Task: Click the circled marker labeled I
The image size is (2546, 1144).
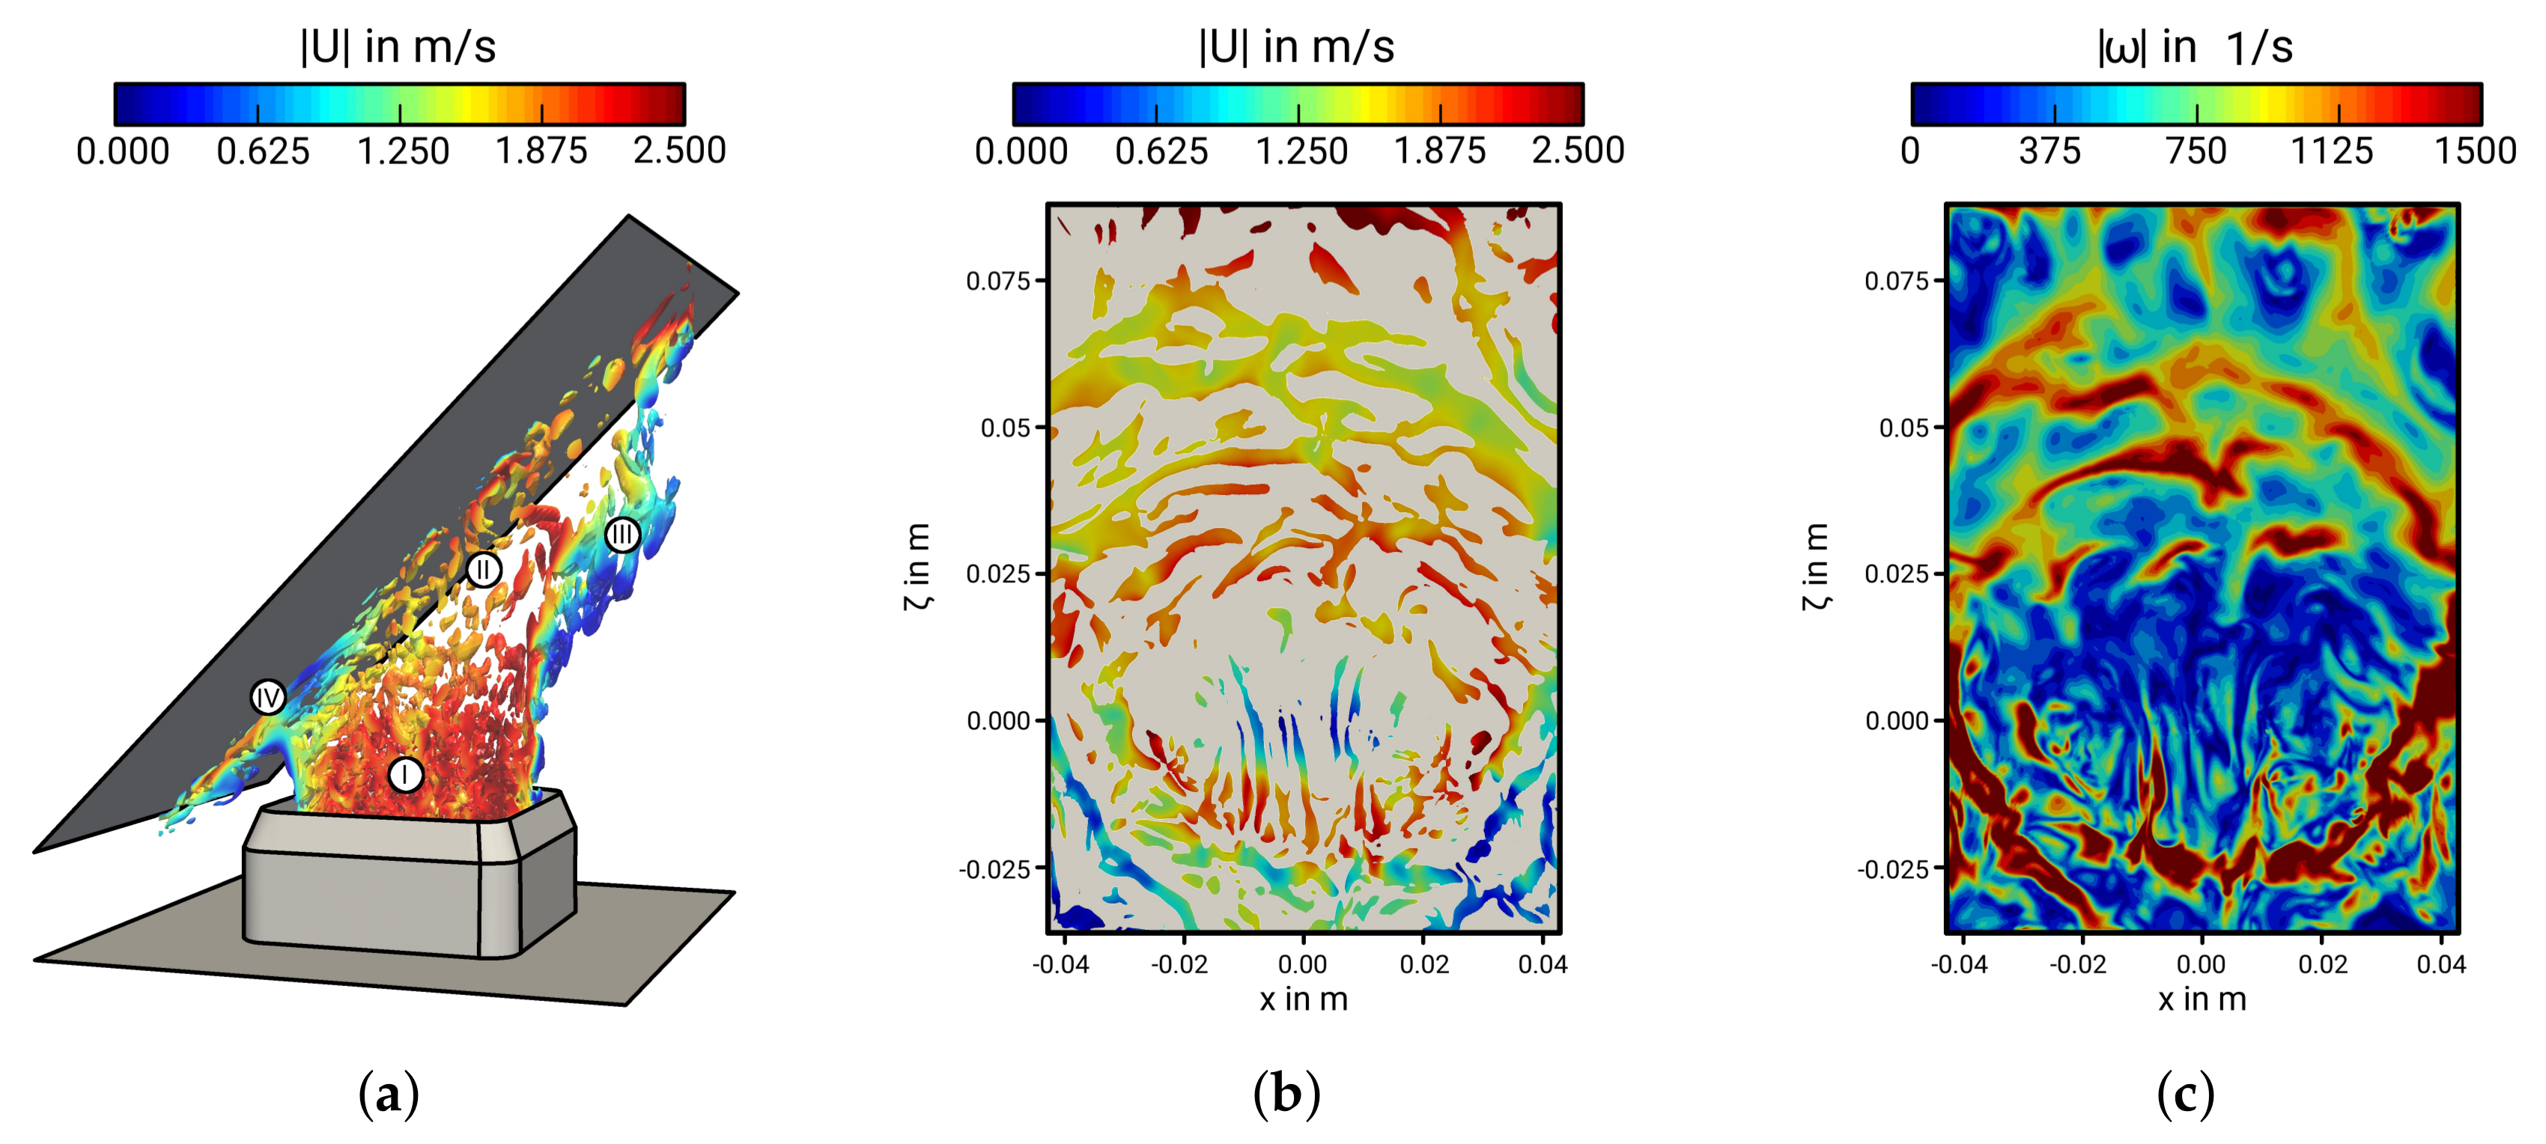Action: pyautogui.click(x=405, y=775)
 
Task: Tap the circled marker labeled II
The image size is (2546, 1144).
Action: pyautogui.click(x=483, y=569)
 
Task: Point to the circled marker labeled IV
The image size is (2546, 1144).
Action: pyautogui.click(x=268, y=698)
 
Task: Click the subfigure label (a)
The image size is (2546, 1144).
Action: pyautogui.click(x=389, y=1095)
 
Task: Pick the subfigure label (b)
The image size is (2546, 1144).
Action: pyautogui.click(x=1286, y=1095)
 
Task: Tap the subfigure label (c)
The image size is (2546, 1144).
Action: pyautogui.click(x=2185, y=1095)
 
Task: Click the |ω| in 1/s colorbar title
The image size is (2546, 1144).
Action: pyautogui.click(x=2194, y=46)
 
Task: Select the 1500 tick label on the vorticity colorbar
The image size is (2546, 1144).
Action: pyautogui.click(x=2475, y=151)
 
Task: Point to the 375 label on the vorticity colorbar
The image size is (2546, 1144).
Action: pyautogui.click(x=2050, y=151)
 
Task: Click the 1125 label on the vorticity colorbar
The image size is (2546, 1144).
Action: pyautogui.click(x=2332, y=151)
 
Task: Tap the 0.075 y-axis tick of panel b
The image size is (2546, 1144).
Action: pyautogui.click(x=998, y=282)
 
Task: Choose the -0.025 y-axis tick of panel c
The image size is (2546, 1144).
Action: pyautogui.click(x=1893, y=869)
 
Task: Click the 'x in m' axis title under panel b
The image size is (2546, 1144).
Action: pyautogui.click(x=1304, y=1000)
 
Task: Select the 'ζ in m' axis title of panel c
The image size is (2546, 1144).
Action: pyautogui.click(x=1814, y=567)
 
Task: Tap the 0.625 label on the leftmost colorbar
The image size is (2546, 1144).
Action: pyautogui.click(x=263, y=151)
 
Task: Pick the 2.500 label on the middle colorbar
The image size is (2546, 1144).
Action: pyautogui.click(x=1578, y=151)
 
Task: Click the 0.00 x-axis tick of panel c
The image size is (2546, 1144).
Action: pyautogui.click(x=2201, y=964)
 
